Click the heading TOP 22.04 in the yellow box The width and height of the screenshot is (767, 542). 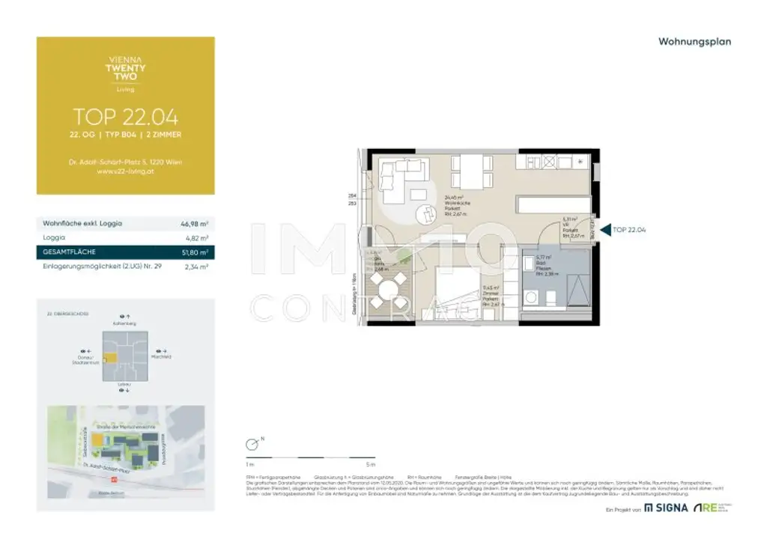125,116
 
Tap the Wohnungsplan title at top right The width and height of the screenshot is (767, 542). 694,42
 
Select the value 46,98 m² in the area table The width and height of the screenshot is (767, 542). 194,223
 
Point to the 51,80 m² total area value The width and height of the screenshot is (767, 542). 194,252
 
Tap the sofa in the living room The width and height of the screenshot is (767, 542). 397,180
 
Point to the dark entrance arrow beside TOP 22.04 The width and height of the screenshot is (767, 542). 605,230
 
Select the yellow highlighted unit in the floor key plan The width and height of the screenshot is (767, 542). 109,359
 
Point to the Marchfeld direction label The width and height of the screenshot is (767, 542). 161,357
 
